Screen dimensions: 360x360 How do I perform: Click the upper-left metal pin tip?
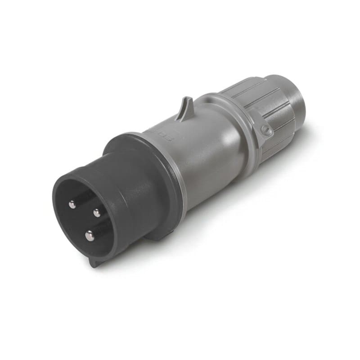72,205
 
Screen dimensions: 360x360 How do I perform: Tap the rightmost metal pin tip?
96,212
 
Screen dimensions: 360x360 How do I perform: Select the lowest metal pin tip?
90,235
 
